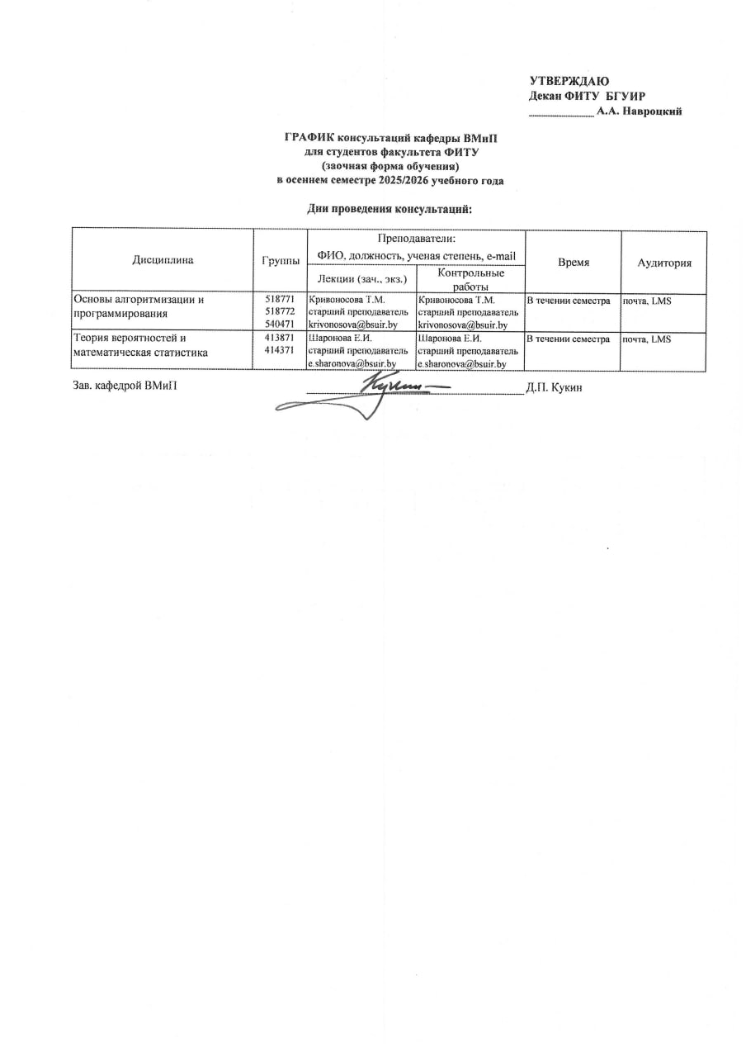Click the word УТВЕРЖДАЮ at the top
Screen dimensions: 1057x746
tap(569, 81)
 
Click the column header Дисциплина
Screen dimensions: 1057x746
tap(163, 260)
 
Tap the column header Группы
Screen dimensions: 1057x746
tap(280, 260)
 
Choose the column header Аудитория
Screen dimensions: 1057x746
tap(663, 262)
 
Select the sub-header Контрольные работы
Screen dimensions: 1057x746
tap(471, 278)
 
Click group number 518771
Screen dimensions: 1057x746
tap(280, 300)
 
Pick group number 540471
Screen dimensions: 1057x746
tap(280, 325)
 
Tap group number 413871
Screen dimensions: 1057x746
tap(280, 338)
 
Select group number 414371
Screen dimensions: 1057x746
tap(280, 351)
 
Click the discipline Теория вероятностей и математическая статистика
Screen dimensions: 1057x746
tap(139, 345)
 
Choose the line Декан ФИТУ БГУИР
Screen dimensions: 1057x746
tap(586, 96)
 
